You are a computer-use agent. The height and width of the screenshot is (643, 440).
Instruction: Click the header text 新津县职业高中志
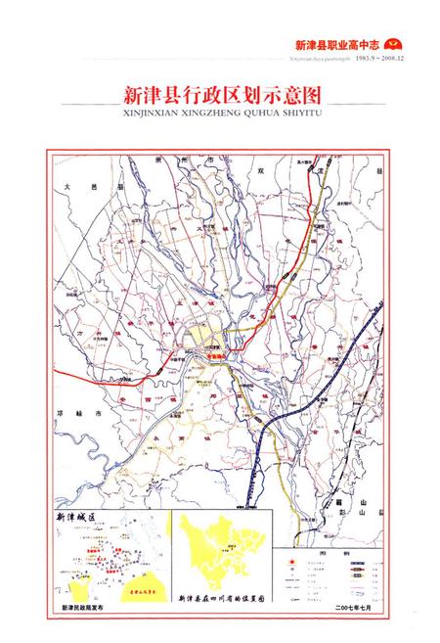335,44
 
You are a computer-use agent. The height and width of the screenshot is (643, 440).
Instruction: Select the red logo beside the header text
395,44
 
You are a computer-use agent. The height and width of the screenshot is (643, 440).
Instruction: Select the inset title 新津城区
79,516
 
